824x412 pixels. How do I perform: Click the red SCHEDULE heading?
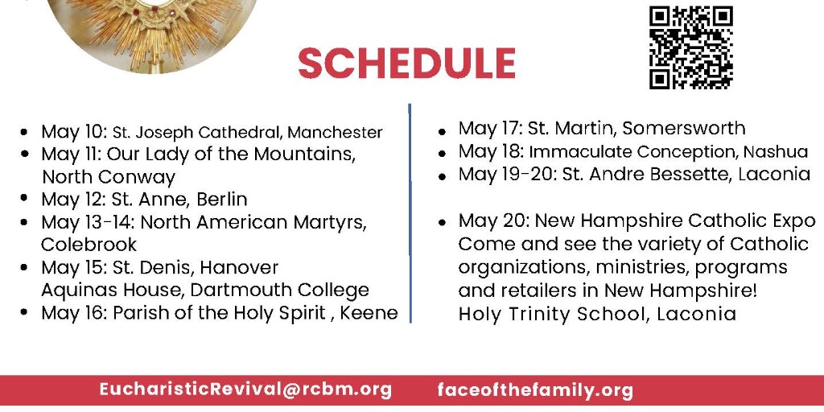pos(406,64)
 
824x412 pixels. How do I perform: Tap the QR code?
pos(691,47)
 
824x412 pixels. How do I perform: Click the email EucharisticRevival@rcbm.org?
pos(245,389)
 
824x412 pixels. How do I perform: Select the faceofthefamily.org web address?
pos(535,390)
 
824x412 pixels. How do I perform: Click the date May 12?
pos(73,199)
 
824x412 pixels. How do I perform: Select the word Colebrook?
pos(89,244)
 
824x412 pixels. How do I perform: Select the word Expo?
pos(785,220)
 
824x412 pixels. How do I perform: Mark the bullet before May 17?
pos(443,130)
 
